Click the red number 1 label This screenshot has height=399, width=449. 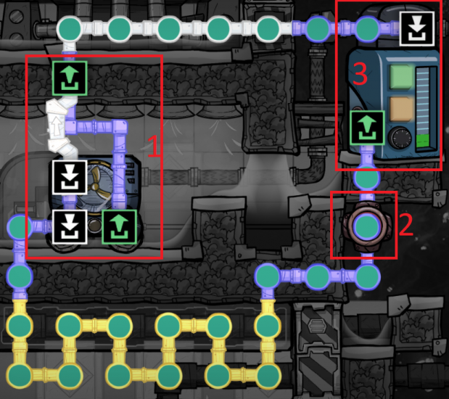click(154, 147)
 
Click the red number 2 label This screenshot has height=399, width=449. click(406, 225)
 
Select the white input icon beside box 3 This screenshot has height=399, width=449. click(416, 30)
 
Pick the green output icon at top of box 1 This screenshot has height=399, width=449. click(70, 77)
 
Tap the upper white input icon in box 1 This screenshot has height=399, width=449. click(70, 176)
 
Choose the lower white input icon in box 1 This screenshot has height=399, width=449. click(70, 226)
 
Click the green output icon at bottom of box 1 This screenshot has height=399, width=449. click(116, 226)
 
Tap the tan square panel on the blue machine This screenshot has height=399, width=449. click(400, 109)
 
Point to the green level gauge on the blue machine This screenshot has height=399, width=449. click(426, 109)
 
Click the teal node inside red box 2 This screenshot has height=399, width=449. click(367, 226)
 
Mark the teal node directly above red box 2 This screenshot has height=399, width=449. click(367, 178)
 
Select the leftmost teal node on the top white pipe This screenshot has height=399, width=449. click(70, 30)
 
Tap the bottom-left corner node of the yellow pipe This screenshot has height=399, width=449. click(20, 375)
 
